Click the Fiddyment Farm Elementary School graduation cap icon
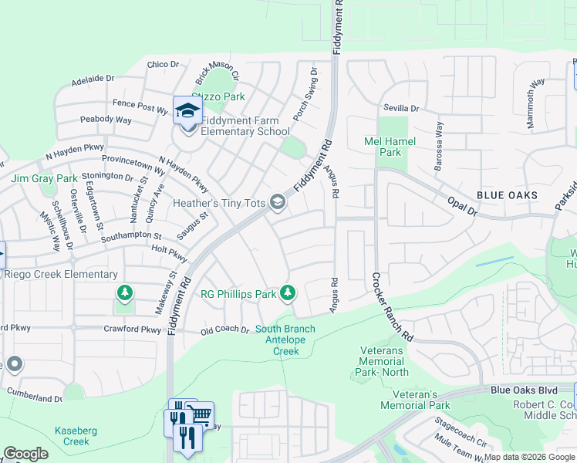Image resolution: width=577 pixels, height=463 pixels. pyautogui.click(x=187, y=111)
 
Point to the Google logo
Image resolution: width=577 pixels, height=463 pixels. pyautogui.click(x=25, y=454)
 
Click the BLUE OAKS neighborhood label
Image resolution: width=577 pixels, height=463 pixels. pyautogui.click(x=507, y=196)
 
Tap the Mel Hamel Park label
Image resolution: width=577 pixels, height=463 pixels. pyautogui.click(x=390, y=147)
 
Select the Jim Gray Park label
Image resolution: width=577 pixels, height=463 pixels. pyautogui.click(x=44, y=178)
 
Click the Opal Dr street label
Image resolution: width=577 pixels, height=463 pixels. pyautogui.click(x=463, y=206)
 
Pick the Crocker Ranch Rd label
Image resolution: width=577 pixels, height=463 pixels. pyautogui.click(x=393, y=307)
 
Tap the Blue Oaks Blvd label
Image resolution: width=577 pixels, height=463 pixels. pyautogui.click(x=524, y=390)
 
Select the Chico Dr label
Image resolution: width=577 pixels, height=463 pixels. pyautogui.click(x=162, y=65)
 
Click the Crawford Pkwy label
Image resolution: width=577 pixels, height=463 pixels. pyautogui.click(x=133, y=330)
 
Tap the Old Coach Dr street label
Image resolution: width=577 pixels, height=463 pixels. pyautogui.click(x=224, y=330)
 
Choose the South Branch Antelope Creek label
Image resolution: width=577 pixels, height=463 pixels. pyautogui.click(x=285, y=340)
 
